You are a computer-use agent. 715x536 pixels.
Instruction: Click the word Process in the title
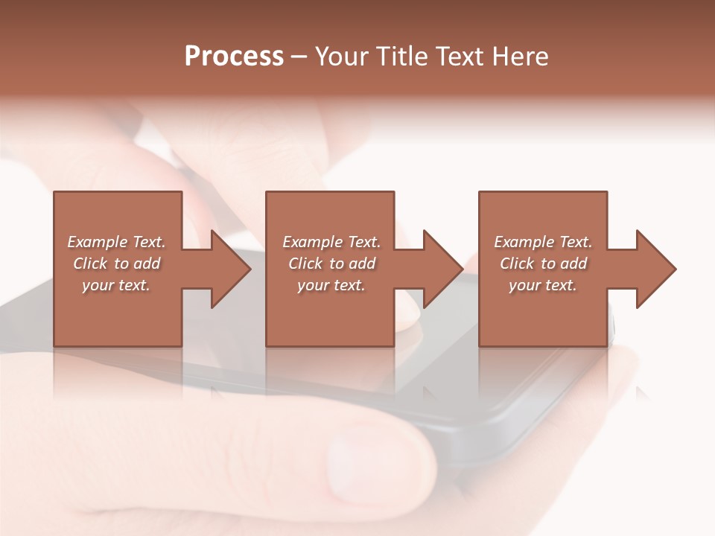(x=234, y=57)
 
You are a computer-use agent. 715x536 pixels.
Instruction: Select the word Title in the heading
(x=401, y=57)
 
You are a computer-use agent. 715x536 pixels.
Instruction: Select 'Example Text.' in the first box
(x=116, y=242)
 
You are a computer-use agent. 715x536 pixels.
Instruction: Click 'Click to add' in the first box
(x=116, y=264)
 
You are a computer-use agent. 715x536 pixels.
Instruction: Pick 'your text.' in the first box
(x=116, y=285)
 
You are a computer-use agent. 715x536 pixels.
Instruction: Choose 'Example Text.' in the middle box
(x=331, y=242)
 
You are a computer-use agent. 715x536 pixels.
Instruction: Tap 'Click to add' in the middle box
(x=331, y=264)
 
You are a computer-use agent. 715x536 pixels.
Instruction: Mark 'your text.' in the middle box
(x=331, y=285)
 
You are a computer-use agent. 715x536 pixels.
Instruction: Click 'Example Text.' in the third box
(x=543, y=242)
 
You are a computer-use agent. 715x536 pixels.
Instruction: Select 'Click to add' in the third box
(x=543, y=264)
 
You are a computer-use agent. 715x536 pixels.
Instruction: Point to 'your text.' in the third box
(x=543, y=285)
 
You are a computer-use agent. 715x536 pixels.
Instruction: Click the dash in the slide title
(x=299, y=57)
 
